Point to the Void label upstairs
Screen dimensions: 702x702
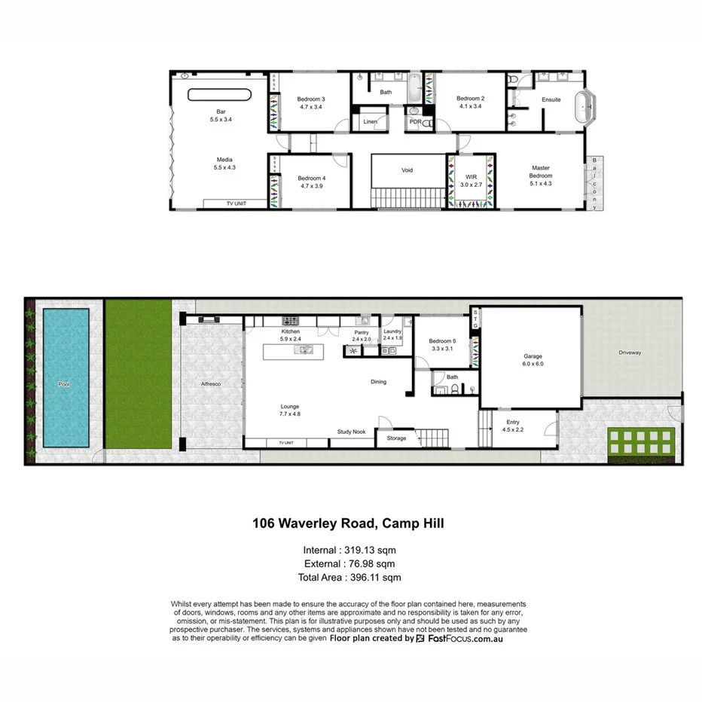click(406, 170)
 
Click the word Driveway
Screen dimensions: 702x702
click(630, 352)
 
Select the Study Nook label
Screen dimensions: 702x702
click(351, 432)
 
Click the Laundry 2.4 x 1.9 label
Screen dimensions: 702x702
click(392, 334)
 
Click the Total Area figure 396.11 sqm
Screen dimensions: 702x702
click(374, 578)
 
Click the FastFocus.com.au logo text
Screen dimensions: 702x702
click(465, 638)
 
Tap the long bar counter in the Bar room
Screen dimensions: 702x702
click(218, 95)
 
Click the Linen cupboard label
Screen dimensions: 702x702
click(370, 121)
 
